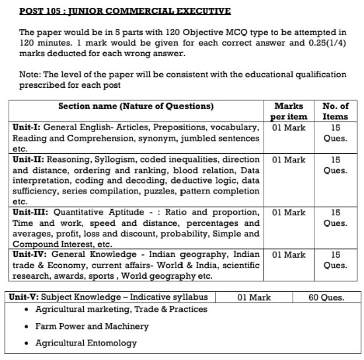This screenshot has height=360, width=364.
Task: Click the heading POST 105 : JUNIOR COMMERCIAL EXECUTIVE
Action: pos(125,11)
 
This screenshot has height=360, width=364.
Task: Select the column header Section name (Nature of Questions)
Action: pos(136,106)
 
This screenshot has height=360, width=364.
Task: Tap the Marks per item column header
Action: pos(288,111)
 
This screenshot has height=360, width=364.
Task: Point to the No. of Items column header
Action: pos(335,111)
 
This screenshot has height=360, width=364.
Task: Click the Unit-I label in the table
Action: pos(28,127)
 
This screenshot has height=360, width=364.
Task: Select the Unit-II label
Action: pos(30,160)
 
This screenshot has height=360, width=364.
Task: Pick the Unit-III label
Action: pos(31,213)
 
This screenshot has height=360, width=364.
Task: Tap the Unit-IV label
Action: pos(31,255)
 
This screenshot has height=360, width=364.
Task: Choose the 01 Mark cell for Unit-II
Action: pos(288,160)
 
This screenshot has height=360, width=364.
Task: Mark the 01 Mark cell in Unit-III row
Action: pos(288,213)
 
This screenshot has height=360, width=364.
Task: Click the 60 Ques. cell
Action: pos(326,297)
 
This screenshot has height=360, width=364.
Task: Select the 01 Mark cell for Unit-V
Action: pos(254,297)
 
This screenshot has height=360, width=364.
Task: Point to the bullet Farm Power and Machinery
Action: pos(92,326)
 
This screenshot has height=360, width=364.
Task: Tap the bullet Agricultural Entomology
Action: pos(86,343)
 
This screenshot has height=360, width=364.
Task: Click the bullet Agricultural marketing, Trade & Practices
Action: pos(121,309)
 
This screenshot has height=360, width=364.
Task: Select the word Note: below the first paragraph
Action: pos(31,75)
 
